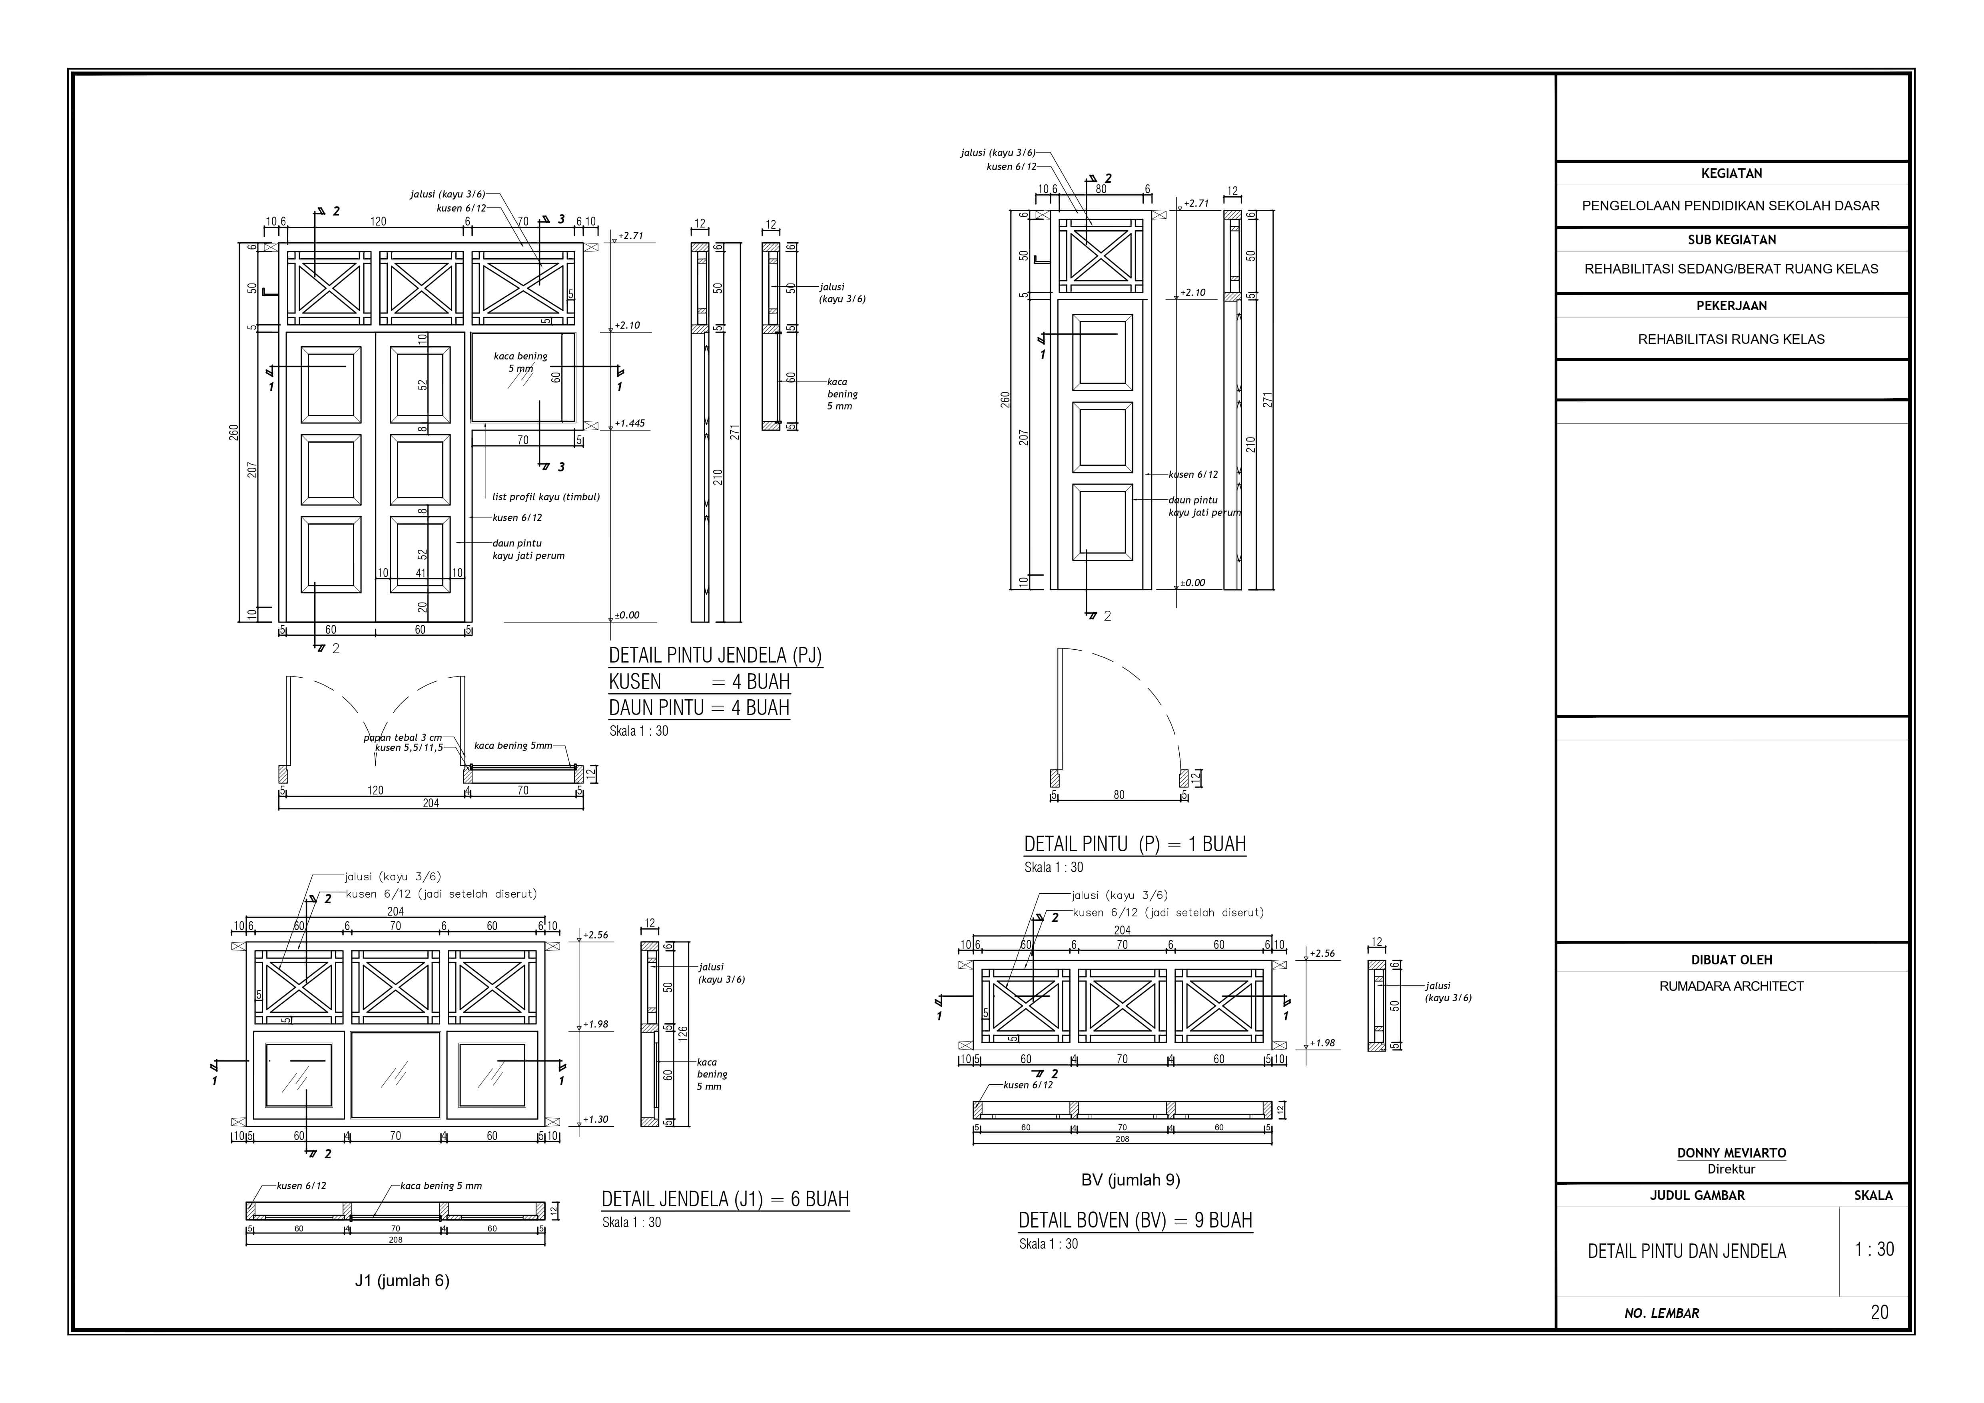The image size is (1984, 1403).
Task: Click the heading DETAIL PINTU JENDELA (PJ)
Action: tap(715, 656)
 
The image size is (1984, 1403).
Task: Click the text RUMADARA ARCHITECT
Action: tap(1731, 986)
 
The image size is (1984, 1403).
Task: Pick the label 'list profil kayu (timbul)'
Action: tap(545, 497)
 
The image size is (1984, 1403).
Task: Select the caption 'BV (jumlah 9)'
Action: tap(1130, 1180)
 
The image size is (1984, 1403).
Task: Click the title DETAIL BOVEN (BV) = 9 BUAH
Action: tap(1135, 1221)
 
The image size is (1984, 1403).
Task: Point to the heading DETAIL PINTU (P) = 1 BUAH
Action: tap(1135, 844)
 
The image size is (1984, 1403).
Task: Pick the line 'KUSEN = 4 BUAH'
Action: tap(699, 682)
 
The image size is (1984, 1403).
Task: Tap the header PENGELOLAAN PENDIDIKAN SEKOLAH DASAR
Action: tap(1731, 206)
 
